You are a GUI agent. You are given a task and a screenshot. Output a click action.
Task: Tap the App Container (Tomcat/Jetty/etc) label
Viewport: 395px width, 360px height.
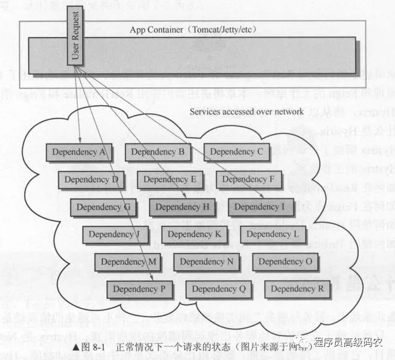point(193,30)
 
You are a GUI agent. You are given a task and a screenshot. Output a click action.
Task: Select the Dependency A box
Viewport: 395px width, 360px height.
point(78,152)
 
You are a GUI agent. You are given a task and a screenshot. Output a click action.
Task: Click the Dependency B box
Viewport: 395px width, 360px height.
point(157,152)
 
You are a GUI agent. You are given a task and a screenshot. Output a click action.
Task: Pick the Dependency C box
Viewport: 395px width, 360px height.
point(236,152)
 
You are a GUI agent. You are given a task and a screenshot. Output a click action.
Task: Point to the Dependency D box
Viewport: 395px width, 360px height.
point(91,180)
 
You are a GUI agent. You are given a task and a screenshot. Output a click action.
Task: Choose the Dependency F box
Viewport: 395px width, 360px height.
point(249,180)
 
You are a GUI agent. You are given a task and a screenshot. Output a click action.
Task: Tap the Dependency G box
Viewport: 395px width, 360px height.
point(103,207)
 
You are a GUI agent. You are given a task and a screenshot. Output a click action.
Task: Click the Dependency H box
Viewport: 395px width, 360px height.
point(182,207)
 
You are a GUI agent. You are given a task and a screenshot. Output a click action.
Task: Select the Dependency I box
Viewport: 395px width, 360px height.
point(261,207)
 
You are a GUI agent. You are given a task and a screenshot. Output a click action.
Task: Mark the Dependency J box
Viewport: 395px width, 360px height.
point(115,235)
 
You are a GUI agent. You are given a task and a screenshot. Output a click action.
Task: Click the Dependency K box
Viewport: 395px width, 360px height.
point(194,235)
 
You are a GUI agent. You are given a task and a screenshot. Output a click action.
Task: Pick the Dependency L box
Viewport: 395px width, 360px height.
point(273,235)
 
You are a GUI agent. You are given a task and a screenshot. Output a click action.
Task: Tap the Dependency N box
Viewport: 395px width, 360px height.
point(206,262)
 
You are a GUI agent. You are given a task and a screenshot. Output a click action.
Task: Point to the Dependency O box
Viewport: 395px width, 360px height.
point(285,262)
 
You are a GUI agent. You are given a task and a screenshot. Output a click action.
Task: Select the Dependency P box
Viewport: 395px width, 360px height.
point(139,289)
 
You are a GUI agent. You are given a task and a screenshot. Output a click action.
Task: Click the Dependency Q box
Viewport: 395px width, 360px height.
point(218,289)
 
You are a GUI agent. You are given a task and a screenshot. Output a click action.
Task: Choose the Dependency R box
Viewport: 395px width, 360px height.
point(297,289)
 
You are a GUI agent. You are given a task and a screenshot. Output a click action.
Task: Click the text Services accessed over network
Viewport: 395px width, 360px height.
point(246,112)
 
